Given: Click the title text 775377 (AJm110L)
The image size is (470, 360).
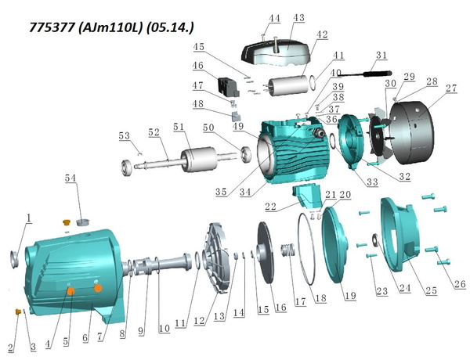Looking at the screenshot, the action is click(85, 27).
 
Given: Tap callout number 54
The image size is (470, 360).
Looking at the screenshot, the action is click(70, 178).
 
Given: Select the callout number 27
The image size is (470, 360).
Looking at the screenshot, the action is click(451, 88).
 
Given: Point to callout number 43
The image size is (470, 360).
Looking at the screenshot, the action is click(298, 18).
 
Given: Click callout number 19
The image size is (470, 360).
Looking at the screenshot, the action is click(350, 296).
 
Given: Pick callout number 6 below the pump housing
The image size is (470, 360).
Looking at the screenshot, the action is click(85, 338).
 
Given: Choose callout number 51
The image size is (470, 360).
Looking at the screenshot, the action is click(179, 127).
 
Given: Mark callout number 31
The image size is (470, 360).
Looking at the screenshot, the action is click(381, 55).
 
